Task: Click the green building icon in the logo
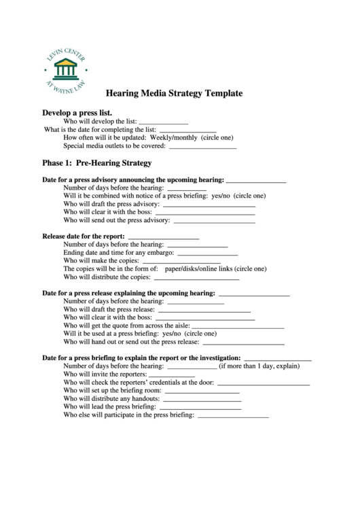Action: (x=66, y=68)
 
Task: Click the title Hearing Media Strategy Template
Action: (x=174, y=93)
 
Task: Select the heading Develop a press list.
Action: (x=77, y=112)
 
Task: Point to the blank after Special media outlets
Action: (x=202, y=147)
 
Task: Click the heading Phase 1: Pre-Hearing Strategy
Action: (x=97, y=163)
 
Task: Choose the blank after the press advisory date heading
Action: (x=256, y=181)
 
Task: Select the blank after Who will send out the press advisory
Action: (x=214, y=222)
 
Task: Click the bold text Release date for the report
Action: (x=83, y=236)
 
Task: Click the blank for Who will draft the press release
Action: (x=204, y=311)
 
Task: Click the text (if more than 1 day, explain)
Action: (x=259, y=366)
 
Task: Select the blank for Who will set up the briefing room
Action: (x=202, y=392)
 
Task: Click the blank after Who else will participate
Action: (x=232, y=416)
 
